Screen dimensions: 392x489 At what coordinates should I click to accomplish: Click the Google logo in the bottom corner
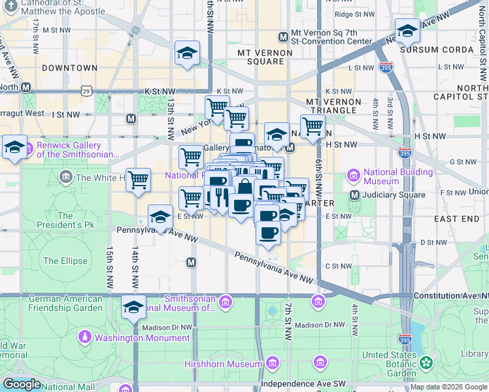pos(22,384)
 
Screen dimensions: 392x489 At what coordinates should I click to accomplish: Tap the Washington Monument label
pos(142,338)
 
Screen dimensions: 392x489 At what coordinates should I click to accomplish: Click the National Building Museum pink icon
pos(354,174)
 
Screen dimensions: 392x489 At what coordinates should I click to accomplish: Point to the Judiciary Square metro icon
pos(354,195)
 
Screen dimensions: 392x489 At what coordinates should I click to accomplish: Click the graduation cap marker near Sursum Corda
pos(407,30)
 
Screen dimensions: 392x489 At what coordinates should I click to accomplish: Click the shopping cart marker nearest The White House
pos(138,179)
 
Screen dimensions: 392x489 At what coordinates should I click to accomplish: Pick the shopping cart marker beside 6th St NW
pos(312,126)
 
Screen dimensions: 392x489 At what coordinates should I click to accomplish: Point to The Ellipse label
pos(65,261)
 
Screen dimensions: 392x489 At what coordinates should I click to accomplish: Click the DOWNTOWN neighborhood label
pos(69,68)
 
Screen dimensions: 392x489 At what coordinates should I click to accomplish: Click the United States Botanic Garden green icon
pos(426,362)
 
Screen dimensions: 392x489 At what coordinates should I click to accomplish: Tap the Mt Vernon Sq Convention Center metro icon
pos(283,37)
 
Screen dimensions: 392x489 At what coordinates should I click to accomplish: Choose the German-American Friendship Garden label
pos(65,303)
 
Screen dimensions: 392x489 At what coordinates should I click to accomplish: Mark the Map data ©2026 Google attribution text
pos(449,387)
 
